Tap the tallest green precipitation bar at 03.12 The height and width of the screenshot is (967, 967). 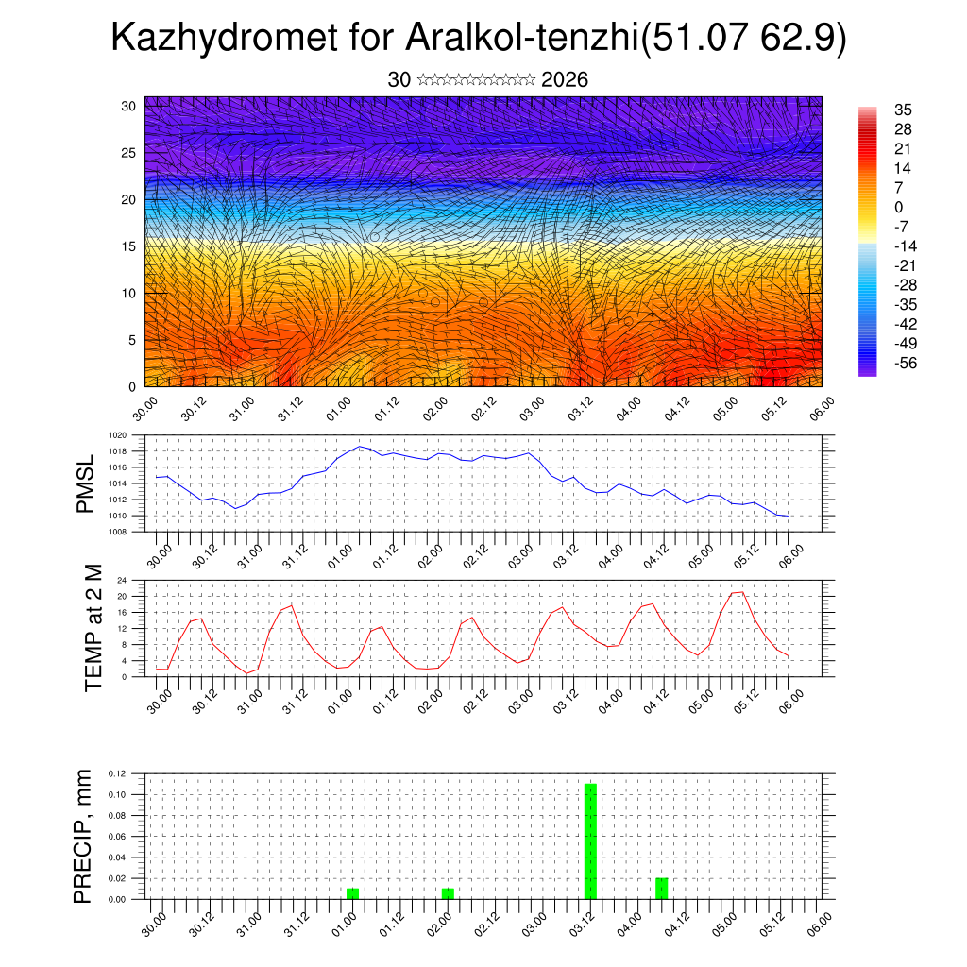tap(590, 840)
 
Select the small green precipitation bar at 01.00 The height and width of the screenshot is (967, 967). tap(352, 893)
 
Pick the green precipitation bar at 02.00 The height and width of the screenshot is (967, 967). tap(448, 893)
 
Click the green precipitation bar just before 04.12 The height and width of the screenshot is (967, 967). tap(662, 889)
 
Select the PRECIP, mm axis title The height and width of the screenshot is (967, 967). tap(84, 836)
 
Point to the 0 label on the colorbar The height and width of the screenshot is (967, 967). tap(898, 207)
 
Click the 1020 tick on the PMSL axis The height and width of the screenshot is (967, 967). tap(117, 435)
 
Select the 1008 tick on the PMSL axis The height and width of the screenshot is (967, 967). tap(117, 532)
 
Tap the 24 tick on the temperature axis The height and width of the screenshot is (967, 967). tap(122, 580)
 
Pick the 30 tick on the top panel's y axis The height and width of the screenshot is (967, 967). tap(127, 106)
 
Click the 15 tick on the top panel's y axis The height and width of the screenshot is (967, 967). tap(127, 246)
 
